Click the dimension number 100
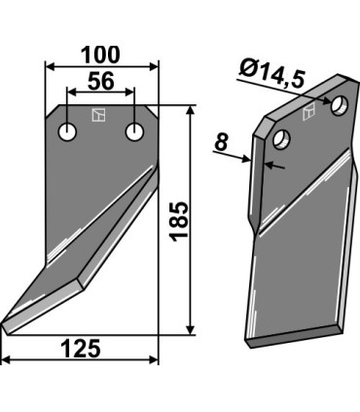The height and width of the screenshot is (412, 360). pyautogui.click(x=100, y=56)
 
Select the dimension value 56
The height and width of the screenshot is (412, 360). pyautogui.click(x=101, y=81)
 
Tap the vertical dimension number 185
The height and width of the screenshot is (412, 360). pyautogui.click(x=179, y=222)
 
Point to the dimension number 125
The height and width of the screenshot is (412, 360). pyautogui.click(x=81, y=349)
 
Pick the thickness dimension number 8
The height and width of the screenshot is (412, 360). pyautogui.click(x=222, y=142)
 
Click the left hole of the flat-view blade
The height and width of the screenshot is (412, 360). pyautogui.click(x=67, y=132)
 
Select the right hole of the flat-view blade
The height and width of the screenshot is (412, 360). pyautogui.click(x=134, y=132)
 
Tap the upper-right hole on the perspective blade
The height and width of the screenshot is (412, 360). pyautogui.click(x=340, y=105)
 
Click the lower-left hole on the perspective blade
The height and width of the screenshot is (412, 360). pyautogui.click(x=282, y=138)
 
